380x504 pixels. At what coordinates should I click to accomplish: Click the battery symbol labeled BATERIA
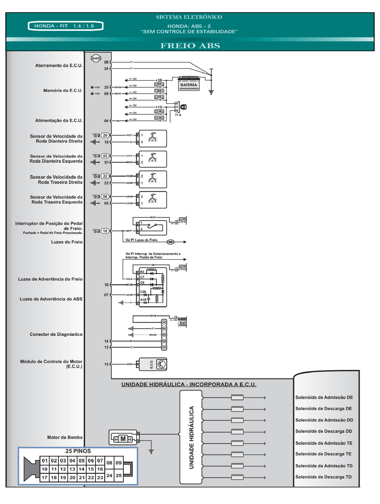coord(189,84)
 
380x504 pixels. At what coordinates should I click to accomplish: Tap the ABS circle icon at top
coord(96,58)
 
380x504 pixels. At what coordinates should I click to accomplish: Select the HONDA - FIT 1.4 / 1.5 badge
coord(66,26)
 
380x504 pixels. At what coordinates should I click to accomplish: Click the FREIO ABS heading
coord(190,46)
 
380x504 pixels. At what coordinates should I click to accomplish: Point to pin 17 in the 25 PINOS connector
coord(45,477)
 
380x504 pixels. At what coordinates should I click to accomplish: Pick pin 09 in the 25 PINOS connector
coord(119,463)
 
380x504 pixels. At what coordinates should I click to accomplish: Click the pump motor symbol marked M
coord(123,439)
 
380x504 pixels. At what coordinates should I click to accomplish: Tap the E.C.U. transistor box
coord(153,364)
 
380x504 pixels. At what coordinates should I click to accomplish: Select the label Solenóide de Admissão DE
coord(324,397)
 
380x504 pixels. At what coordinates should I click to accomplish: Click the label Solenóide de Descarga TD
coord(323,477)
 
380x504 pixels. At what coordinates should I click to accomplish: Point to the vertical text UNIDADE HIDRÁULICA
coord(191,437)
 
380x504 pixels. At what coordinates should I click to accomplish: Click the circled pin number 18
coord(105,231)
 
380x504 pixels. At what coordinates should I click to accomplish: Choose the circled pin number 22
coord(105,176)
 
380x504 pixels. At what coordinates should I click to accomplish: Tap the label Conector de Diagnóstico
coord(56,334)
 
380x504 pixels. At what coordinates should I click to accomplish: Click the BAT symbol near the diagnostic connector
coord(183,322)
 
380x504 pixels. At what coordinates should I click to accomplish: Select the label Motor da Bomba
coord(65,437)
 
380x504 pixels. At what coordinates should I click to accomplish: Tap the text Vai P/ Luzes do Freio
coord(141,240)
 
